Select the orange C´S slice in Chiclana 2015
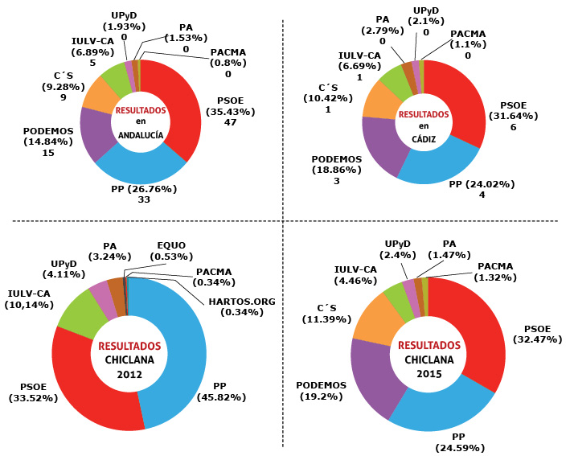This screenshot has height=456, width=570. coord(370,317)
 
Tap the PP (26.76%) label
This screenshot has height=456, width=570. coord(143,190)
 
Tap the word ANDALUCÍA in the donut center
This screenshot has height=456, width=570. coord(140,135)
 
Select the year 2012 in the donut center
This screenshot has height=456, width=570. coord(129,374)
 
